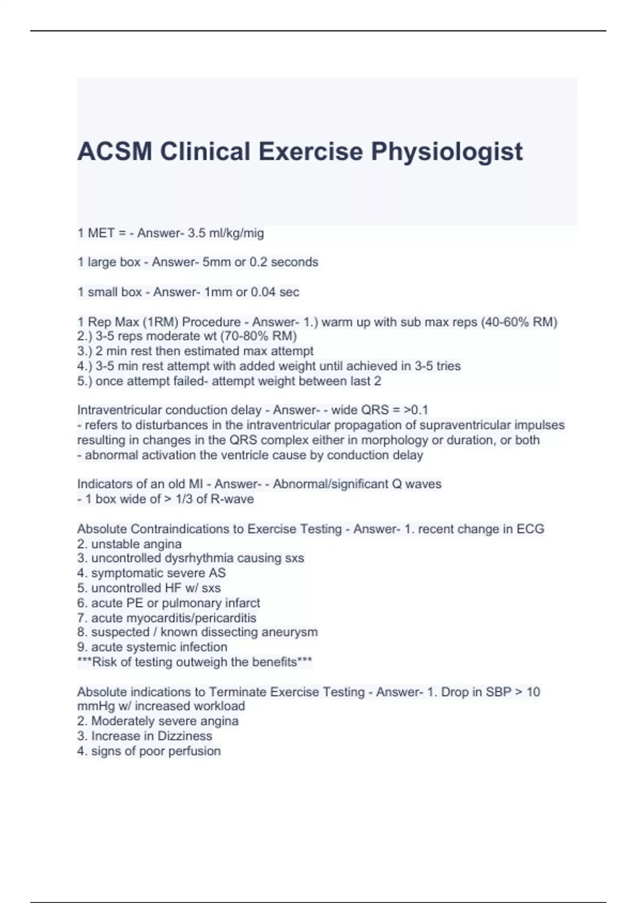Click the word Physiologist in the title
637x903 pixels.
pyautogui.click(x=446, y=152)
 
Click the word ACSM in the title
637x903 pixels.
pyautogui.click(x=115, y=152)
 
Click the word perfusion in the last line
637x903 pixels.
pyautogui.click(x=194, y=751)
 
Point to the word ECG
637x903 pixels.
pyautogui.click(x=530, y=529)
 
